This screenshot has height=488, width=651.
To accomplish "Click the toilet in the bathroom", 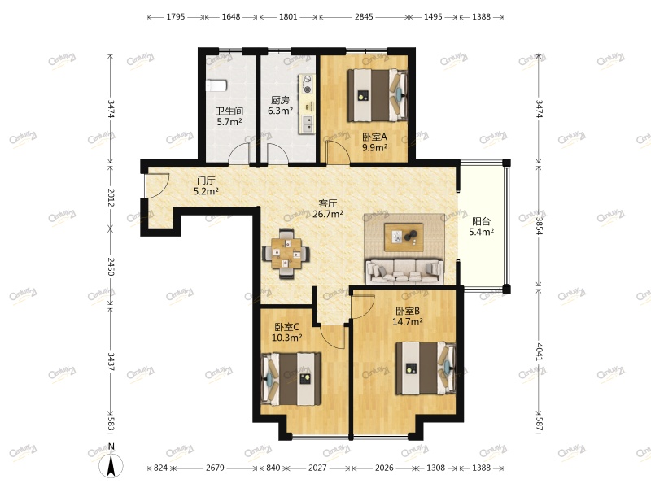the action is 216,85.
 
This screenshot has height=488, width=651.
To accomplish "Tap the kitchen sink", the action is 308,124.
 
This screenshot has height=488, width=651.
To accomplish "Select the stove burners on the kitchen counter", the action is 308,84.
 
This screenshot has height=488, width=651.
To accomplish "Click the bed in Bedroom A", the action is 378,95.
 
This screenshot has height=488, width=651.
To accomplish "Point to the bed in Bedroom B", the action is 426,368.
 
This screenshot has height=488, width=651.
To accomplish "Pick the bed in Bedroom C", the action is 291,378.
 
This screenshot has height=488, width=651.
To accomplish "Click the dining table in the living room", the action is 286,253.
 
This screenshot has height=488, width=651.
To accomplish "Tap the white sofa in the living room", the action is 404,272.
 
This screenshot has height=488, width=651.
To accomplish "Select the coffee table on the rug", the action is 404,237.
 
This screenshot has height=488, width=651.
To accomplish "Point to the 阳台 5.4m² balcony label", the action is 481,227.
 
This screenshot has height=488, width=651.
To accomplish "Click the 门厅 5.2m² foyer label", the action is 206,186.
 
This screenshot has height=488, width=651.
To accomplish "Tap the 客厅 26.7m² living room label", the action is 328,209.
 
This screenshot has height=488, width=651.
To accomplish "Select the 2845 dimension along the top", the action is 364,16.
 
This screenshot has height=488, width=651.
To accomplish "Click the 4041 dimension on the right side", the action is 539,351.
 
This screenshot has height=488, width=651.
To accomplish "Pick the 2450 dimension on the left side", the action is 111,267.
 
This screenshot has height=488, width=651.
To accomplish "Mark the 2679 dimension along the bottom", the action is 215,468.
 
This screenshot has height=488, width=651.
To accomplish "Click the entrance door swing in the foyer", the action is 157,185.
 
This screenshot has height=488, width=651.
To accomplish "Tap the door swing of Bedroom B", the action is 363,307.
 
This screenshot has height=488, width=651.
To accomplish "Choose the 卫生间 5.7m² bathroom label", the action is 229,116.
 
